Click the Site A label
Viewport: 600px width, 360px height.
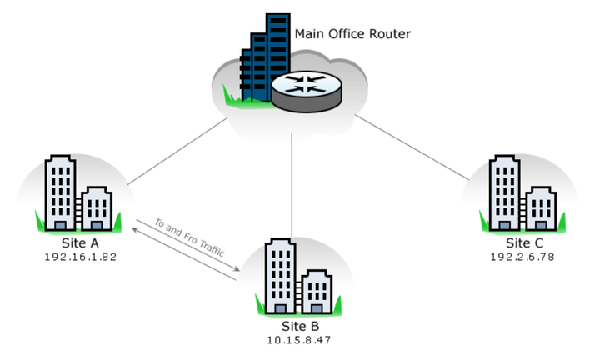click(x=81, y=242)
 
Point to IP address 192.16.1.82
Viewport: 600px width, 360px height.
click(x=81, y=256)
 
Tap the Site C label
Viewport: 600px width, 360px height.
click(x=523, y=243)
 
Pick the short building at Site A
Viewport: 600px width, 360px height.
click(x=96, y=207)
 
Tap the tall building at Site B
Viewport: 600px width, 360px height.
click(x=279, y=274)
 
